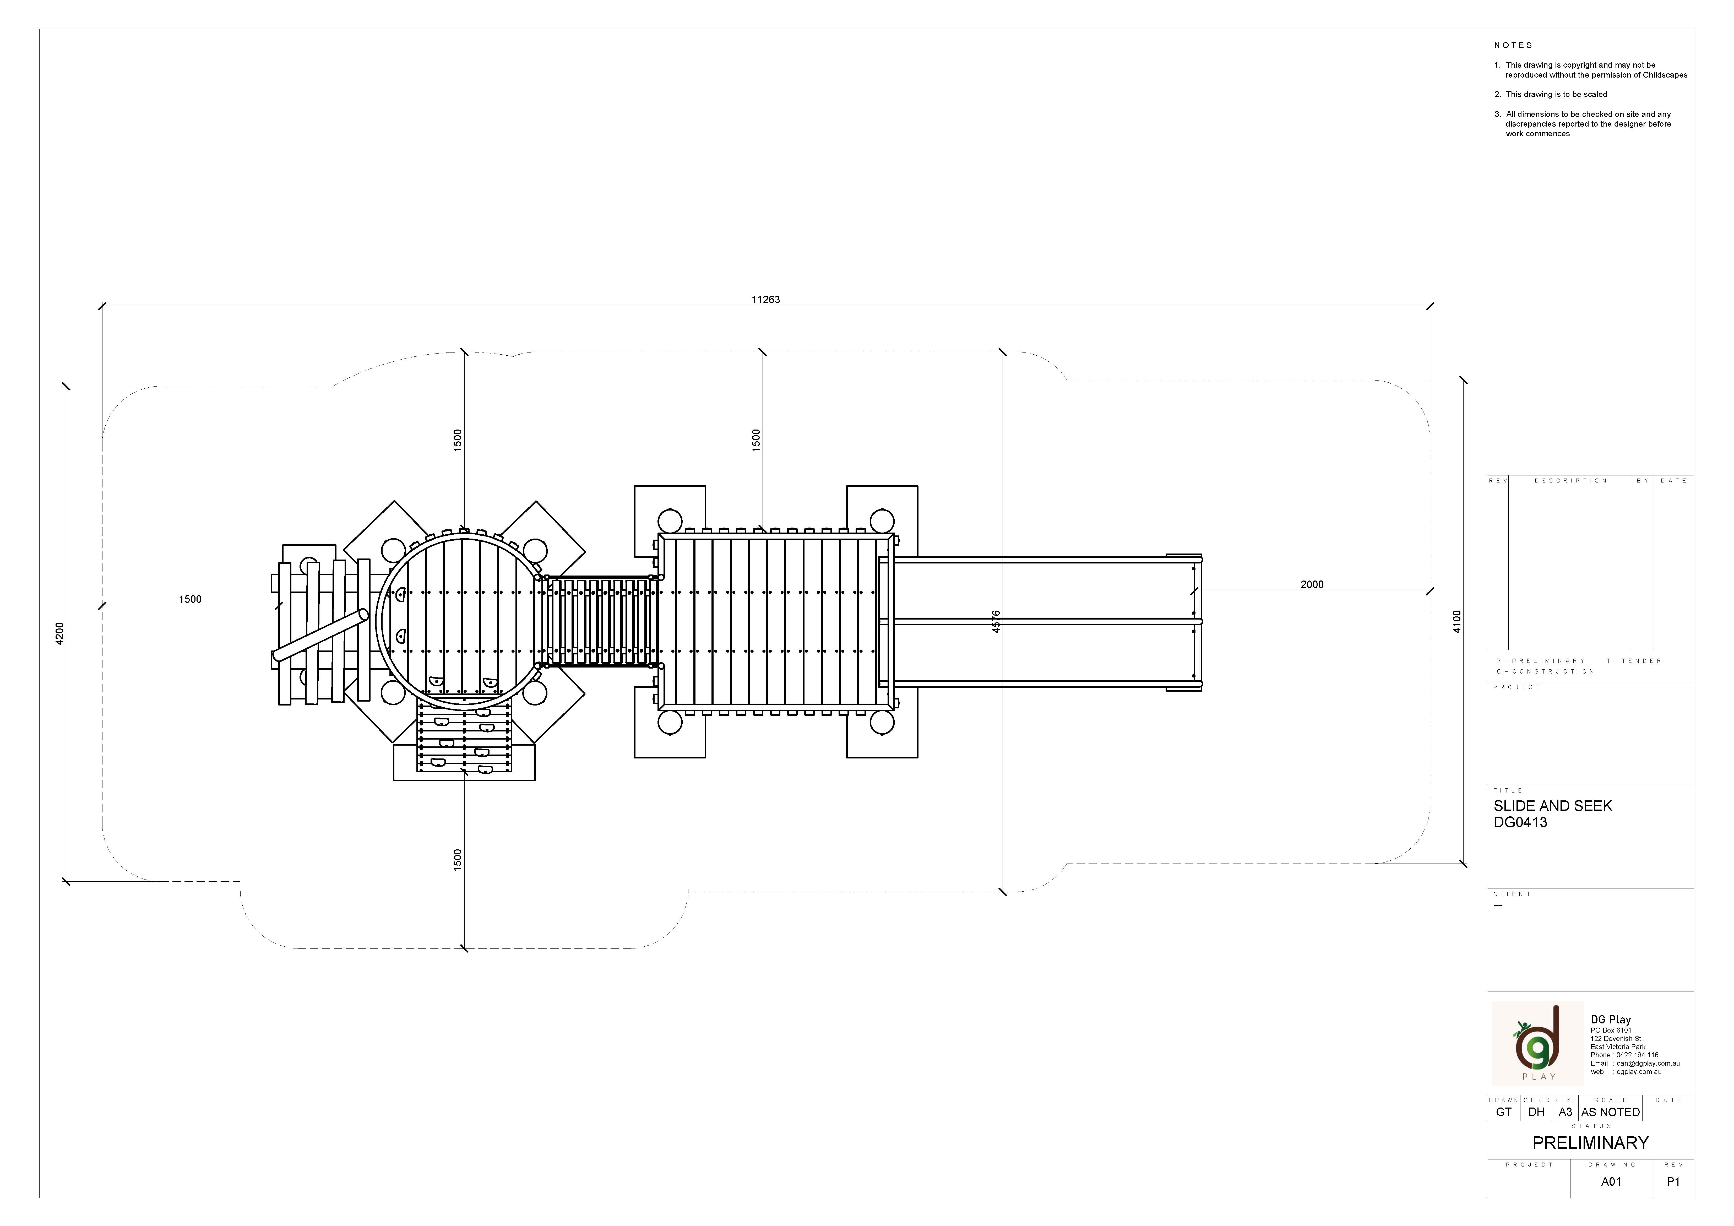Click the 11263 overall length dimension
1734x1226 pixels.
click(x=765, y=300)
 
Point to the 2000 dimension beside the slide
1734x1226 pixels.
click(x=1312, y=585)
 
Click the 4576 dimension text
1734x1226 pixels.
click(x=996, y=621)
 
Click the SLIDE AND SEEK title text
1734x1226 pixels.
click(x=1553, y=806)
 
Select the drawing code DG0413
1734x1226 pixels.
click(x=1520, y=823)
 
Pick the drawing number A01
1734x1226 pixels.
click(x=1611, y=1181)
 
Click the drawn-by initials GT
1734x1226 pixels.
click(x=1504, y=1112)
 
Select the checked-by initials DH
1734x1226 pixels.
click(x=1536, y=1112)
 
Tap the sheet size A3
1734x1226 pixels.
click(x=1565, y=1112)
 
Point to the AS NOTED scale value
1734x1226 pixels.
click(x=1610, y=1112)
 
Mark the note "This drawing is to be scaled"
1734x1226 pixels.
click(x=1556, y=94)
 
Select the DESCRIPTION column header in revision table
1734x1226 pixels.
click(x=1571, y=480)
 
